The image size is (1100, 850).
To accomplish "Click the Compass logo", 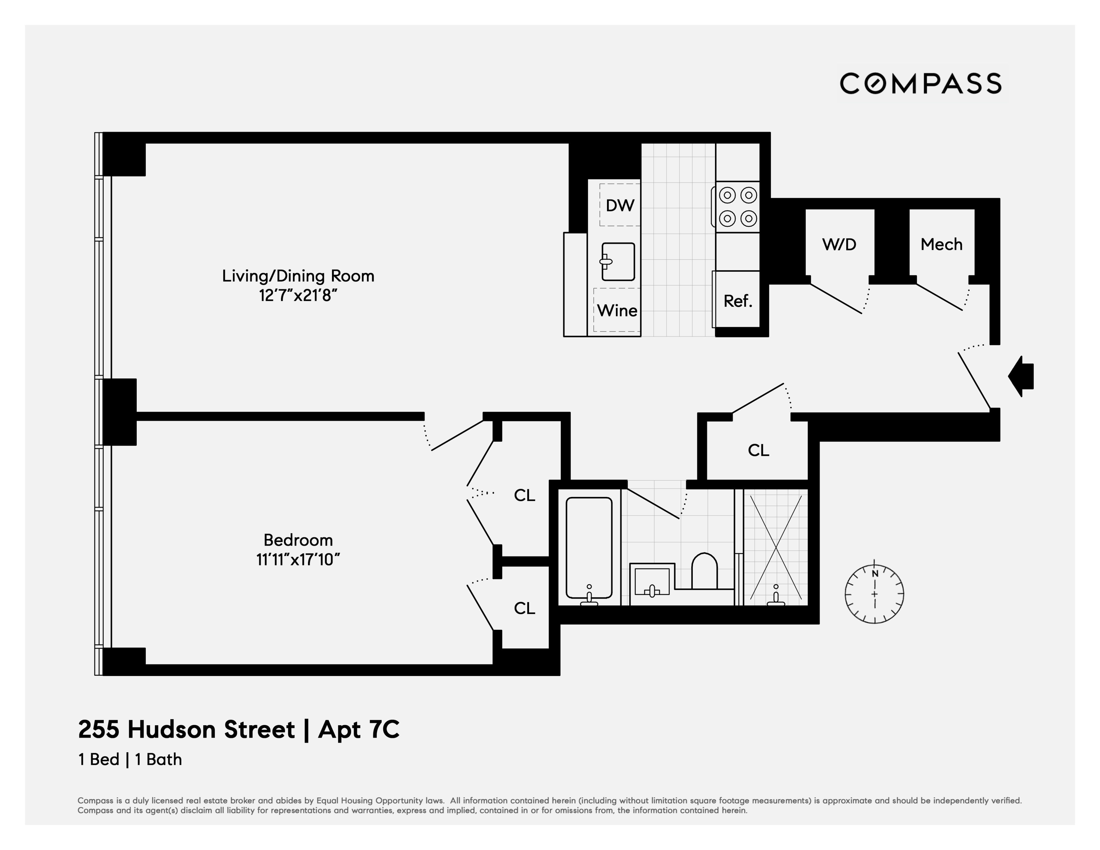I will point(921,84).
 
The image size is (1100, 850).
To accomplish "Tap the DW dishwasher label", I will point(620,205).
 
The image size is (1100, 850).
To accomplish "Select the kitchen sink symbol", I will point(618,262).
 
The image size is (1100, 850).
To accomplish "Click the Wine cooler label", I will point(617,310).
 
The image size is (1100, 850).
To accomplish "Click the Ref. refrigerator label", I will point(738,301).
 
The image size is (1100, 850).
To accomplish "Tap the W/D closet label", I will point(839,244).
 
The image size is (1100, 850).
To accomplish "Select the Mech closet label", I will point(941,244).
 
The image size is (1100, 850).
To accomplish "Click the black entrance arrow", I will point(1021,376).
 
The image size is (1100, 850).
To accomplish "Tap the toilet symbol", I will point(704,572).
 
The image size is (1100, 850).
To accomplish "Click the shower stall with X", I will point(776,547).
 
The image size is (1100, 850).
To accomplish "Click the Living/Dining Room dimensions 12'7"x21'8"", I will point(298,295).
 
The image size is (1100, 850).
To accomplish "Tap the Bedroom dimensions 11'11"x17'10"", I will point(298,560).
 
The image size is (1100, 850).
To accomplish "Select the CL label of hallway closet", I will point(758,450).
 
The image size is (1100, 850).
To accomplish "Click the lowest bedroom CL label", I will point(524,609).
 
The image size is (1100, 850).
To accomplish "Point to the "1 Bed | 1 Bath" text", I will point(130,759).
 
